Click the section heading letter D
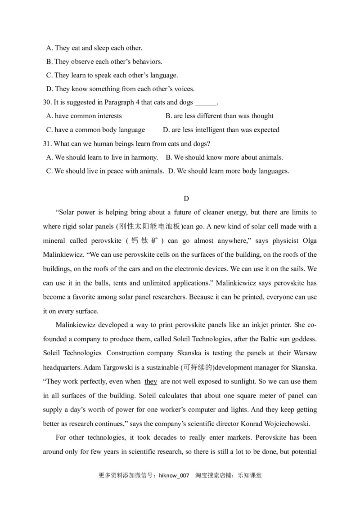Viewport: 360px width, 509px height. click(186, 198)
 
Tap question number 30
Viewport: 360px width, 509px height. click(47, 102)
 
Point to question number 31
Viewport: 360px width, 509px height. click(47, 143)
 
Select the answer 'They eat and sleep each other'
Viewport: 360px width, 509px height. click(94, 48)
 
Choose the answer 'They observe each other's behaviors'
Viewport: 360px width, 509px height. click(104, 61)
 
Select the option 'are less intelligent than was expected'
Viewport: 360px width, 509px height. click(221, 130)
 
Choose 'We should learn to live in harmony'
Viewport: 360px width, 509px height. click(102, 157)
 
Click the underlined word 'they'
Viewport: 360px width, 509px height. click(151, 381)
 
